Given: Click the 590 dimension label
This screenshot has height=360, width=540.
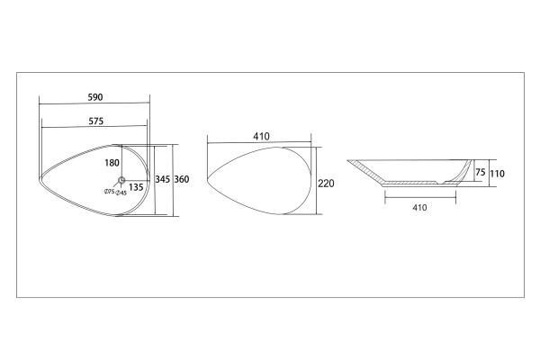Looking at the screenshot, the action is click(x=95, y=97).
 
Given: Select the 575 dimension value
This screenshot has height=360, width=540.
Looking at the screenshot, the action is click(x=96, y=121).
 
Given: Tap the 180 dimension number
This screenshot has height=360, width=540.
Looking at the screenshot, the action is click(x=112, y=163).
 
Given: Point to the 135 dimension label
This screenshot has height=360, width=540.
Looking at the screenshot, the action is click(x=136, y=187).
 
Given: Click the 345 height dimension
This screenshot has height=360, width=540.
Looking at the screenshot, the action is click(x=163, y=179).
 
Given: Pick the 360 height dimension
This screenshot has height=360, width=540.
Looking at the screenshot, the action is click(x=182, y=179).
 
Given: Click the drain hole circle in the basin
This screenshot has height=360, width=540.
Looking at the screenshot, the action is click(x=121, y=180).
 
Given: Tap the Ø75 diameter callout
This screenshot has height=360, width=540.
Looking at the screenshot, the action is click(x=109, y=192).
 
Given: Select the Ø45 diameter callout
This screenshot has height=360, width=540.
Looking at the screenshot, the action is click(x=121, y=193).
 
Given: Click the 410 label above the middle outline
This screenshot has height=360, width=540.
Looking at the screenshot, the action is click(x=261, y=137).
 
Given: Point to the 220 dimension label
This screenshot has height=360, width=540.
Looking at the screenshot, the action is click(x=326, y=184).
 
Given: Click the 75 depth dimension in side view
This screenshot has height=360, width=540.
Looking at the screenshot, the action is click(x=480, y=172).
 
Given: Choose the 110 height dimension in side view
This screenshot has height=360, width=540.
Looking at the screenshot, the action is click(x=497, y=174).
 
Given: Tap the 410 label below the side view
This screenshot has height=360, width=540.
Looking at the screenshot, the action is click(x=419, y=207).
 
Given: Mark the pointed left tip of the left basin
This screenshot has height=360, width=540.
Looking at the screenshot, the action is click(x=39, y=179).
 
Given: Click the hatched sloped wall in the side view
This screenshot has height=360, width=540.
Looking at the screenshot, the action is click(x=365, y=171).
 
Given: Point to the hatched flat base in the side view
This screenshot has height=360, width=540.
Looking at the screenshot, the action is click(x=409, y=182).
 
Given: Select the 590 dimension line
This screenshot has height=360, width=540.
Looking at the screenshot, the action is click(x=94, y=103).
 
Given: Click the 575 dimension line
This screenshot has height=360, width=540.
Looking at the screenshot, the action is click(x=94, y=127).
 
